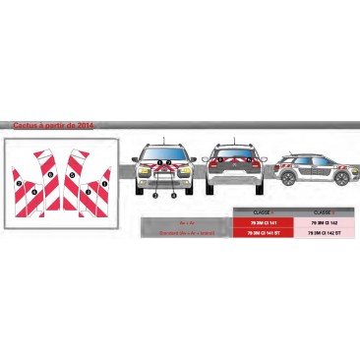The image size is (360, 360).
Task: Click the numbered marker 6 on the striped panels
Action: [x=49, y=172]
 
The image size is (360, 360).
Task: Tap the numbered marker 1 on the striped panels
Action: [x=105, y=185]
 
